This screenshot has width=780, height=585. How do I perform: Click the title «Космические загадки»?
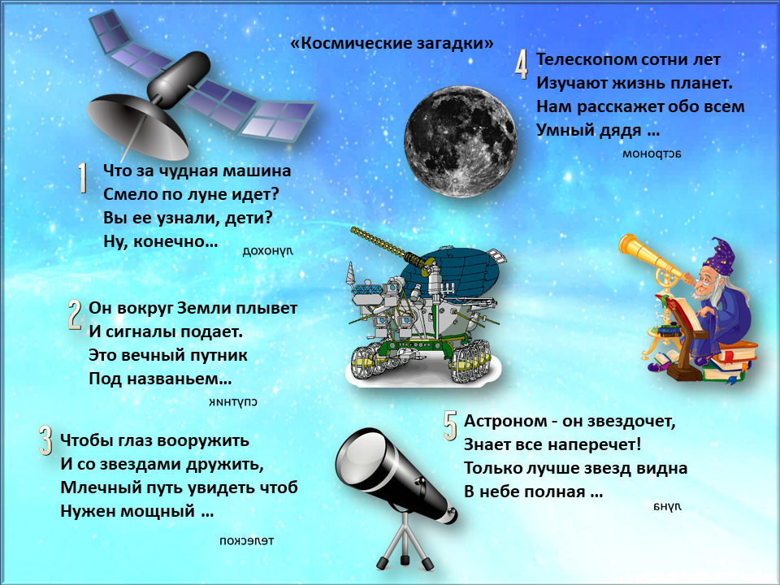392,43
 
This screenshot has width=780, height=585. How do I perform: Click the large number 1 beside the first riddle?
83,178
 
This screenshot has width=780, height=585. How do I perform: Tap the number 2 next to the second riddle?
75,315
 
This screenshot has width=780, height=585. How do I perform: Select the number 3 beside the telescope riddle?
45,440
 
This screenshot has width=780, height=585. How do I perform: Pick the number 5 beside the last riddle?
450,426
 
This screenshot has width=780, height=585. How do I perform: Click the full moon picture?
460,141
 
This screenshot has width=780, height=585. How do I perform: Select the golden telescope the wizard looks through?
652,258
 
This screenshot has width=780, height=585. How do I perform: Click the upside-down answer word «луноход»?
267,251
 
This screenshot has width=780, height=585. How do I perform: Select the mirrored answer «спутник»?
233,401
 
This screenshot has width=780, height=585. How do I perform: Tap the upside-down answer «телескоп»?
247,541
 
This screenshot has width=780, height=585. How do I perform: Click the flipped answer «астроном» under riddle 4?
652,154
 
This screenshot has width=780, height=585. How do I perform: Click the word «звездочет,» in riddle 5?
632,421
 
